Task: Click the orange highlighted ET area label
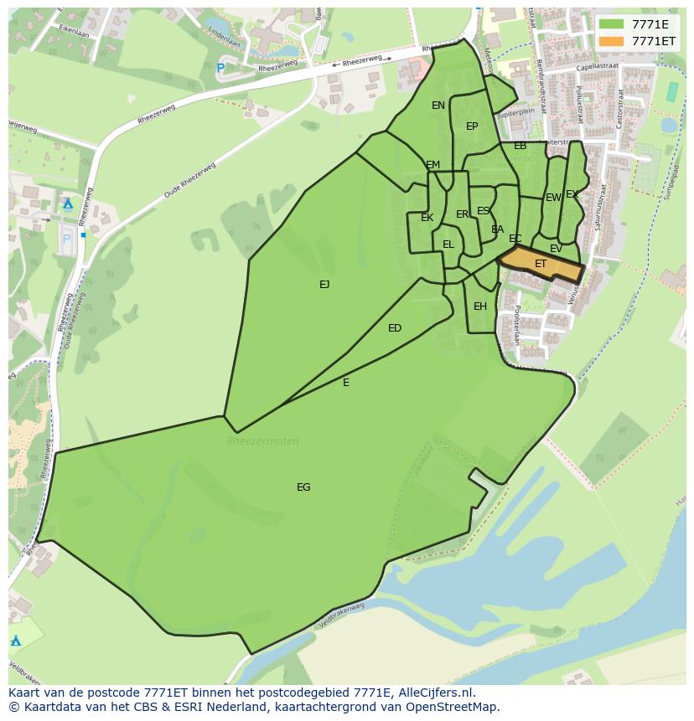tap(541, 264)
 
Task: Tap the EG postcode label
tap(303, 487)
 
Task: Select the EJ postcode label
tap(324, 285)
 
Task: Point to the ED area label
tap(395, 328)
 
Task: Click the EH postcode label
tap(480, 306)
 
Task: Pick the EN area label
tap(438, 106)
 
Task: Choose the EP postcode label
tap(472, 126)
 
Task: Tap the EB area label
tap(520, 146)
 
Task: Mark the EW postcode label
tap(553, 198)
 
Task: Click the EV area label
tap(556, 249)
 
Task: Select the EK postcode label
tap(427, 218)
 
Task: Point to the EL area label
tap(448, 245)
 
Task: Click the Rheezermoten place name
tap(262, 441)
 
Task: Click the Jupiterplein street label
tap(517, 110)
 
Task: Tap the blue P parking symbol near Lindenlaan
tap(220, 68)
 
